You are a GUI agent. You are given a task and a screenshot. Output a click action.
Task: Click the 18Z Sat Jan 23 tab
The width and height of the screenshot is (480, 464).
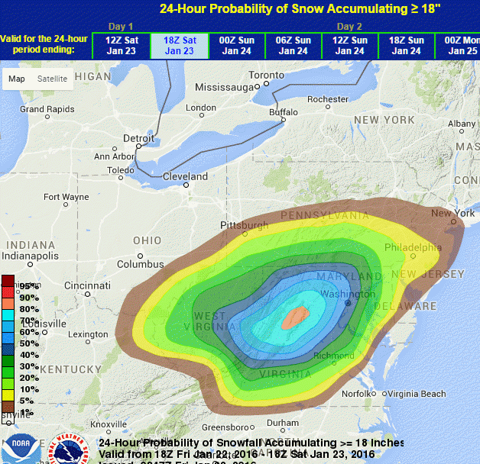tap(179, 46)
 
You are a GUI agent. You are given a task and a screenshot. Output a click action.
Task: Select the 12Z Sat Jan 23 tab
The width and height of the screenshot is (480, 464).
tap(121, 46)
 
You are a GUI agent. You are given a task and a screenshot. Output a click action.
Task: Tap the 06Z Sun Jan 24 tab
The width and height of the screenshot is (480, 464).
tap(293, 46)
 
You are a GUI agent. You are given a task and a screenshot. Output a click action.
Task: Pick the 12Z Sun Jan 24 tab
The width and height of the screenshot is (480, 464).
tap(349, 46)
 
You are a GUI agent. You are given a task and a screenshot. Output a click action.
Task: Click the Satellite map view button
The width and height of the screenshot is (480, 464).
tap(52, 79)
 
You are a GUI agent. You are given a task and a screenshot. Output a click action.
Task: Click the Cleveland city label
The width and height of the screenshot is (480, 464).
tap(186, 176)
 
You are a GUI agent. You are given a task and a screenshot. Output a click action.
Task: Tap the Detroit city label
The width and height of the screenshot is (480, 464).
tap(139, 138)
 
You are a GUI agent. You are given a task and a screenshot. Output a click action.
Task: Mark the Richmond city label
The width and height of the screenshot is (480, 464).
tap(334, 356)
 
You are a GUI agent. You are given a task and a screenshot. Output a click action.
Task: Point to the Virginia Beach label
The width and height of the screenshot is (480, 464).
tap(416, 394)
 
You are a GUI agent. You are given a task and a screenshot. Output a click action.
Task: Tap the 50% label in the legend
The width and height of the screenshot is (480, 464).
tap(29, 343)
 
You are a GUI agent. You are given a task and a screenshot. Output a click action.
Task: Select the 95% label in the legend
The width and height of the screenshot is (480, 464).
tap(29, 285)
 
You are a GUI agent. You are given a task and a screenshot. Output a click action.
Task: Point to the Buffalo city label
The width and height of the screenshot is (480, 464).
tap(284, 112)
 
